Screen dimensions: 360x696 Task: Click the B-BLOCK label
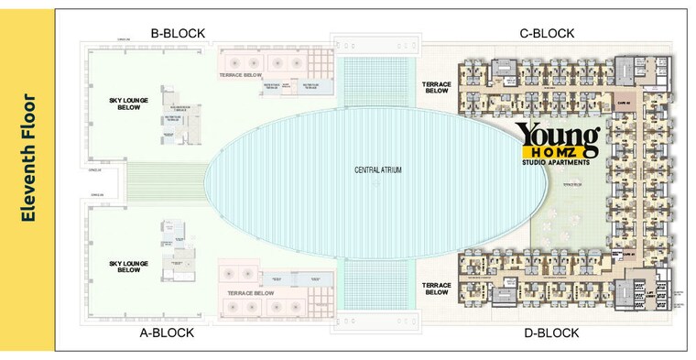(178, 34)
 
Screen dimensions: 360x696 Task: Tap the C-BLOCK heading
(547, 34)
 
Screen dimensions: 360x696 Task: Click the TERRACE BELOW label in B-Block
(242, 74)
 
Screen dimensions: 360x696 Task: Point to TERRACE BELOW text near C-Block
(437, 87)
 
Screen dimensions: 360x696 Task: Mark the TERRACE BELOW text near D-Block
(437, 289)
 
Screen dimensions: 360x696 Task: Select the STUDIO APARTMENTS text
(558, 164)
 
